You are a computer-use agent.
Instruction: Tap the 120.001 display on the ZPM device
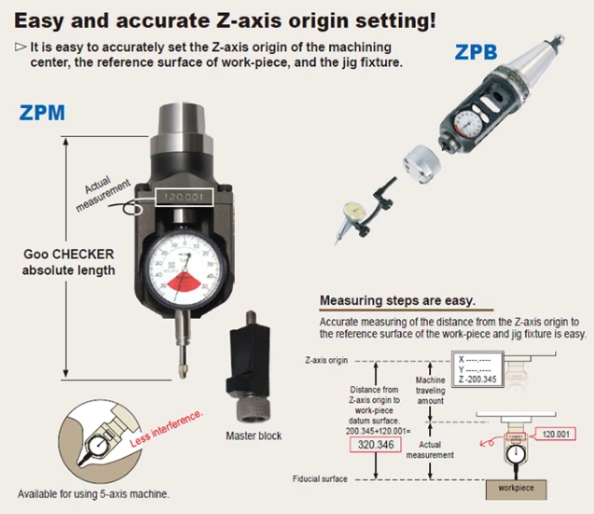[x=182, y=199]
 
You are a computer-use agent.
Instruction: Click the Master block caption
[x=254, y=436]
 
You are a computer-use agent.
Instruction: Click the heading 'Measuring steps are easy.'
[x=397, y=301]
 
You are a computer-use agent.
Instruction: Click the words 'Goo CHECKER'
[x=69, y=254]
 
